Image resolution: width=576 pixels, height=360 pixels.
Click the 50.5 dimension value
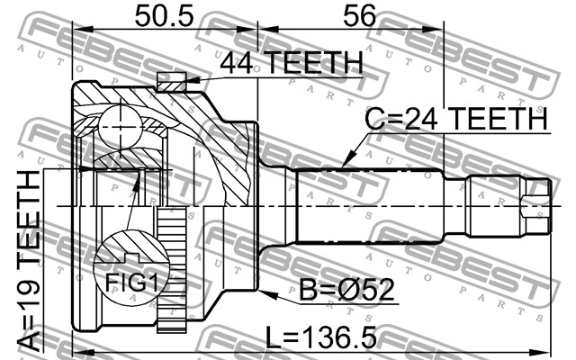click(164, 16)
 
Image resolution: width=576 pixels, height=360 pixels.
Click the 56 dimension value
click(360, 16)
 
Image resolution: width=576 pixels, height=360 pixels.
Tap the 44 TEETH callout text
click(292, 62)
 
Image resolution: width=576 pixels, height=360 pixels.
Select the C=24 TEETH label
click(456, 118)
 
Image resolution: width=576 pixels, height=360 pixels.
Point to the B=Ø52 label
click(346, 290)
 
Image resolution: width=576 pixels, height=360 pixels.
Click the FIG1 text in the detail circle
click(131, 283)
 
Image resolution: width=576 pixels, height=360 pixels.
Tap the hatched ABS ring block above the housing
click(171, 82)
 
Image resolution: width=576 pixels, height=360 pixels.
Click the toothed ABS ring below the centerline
click(172, 270)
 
